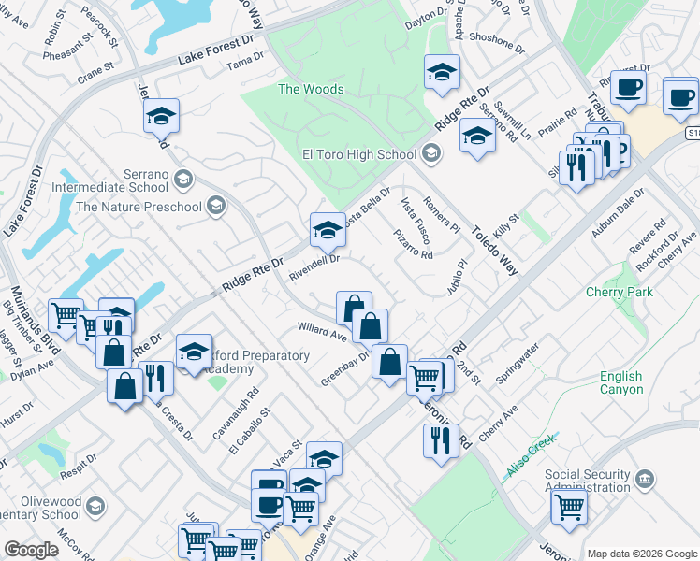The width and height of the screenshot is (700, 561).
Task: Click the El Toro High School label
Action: point(358,154)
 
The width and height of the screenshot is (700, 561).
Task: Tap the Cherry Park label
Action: point(619,292)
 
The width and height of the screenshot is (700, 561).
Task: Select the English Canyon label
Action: point(621,382)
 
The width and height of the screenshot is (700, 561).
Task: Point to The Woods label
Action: point(311,90)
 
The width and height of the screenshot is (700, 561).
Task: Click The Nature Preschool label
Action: point(139,207)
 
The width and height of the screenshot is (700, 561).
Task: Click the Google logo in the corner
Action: point(32,550)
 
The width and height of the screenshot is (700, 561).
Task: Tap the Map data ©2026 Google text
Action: point(641,554)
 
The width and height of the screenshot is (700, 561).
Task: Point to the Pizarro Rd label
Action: point(413,244)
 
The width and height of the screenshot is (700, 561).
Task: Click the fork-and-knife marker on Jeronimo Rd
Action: point(441,439)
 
